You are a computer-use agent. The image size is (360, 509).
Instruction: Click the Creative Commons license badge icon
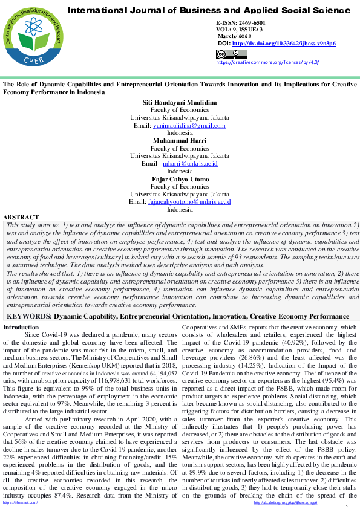point(223,54)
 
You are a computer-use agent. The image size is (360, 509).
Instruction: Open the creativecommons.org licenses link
point(267,62)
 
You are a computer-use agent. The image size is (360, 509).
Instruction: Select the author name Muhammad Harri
point(180,140)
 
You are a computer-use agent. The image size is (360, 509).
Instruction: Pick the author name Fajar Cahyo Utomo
point(180,178)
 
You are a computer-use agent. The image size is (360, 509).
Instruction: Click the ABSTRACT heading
point(21,216)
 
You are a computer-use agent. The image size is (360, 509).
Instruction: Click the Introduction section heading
point(21,327)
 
